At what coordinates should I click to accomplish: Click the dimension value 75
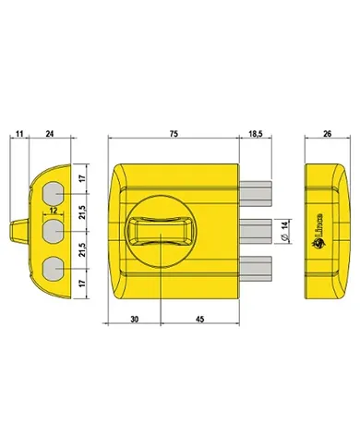(x=174, y=134)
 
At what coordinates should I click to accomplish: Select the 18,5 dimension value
(x=255, y=134)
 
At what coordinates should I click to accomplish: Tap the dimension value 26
(x=328, y=134)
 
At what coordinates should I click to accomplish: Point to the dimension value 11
(x=19, y=134)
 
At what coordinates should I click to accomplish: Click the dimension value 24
(x=50, y=134)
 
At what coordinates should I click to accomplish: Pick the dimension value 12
(x=54, y=211)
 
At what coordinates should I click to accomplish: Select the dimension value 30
(x=134, y=320)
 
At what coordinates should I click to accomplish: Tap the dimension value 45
(x=200, y=320)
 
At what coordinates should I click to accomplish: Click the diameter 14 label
(x=284, y=231)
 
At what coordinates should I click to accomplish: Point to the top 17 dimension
(x=81, y=178)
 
